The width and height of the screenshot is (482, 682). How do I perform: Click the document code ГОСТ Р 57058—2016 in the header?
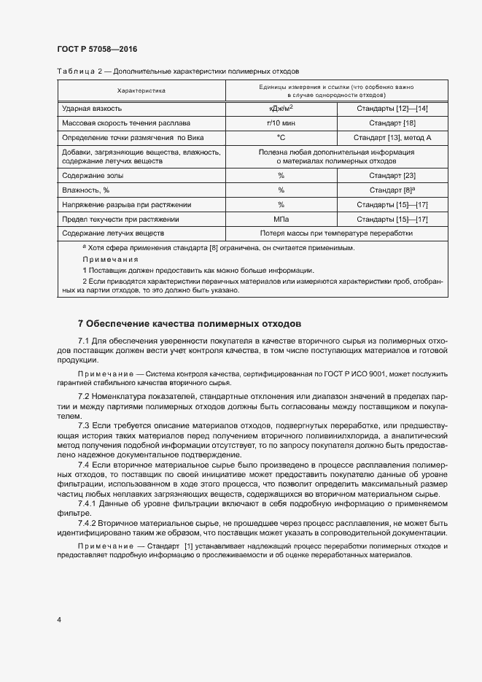[96, 49]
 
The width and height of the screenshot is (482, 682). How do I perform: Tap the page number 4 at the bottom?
[58, 620]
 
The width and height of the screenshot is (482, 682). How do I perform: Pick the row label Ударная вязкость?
[92, 109]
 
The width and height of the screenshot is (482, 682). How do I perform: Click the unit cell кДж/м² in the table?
[281, 108]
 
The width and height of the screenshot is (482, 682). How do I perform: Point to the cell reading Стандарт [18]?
[392, 123]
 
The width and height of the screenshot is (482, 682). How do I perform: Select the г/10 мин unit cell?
[281, 123]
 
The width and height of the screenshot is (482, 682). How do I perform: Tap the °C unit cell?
[281, 137]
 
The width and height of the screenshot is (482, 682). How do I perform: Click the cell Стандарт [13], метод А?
[392, 137]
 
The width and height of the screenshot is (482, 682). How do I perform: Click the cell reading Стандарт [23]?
[392, 176]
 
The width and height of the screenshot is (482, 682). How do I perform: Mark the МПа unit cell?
[281, 219]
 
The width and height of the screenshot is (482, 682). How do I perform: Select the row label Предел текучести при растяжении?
[121, 219]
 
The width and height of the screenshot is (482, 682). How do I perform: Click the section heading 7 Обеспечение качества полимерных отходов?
[189, 323]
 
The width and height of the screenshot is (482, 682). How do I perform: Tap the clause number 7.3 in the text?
[84, 424]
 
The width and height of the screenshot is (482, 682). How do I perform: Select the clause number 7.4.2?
[90, 523]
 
